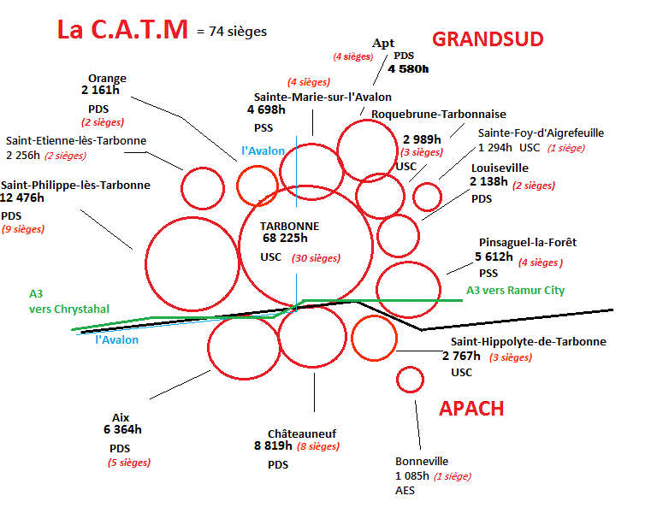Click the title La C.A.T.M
[x=122, y=30]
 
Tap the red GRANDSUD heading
[x=488, y=39]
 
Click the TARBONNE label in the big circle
[x=289, y=226]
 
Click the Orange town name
[x=107, y=78]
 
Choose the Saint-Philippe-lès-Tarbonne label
[x=75, y=185]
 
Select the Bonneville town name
[x=422, y=461]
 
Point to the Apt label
[x=382, y=43]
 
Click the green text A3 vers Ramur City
[x=515, y=291]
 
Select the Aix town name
[x=121, y=417]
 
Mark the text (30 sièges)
[x=316, y=258]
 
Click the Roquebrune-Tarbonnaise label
[x=439, y=115]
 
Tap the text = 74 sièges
[x=231, y=32]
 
